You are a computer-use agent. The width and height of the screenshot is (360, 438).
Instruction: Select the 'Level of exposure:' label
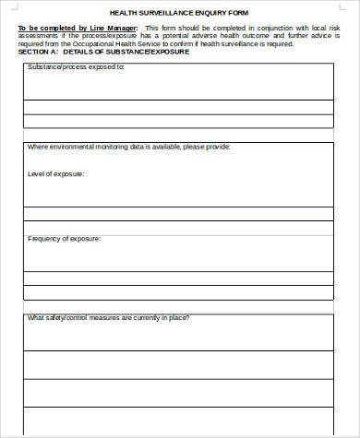(x=56, y=173)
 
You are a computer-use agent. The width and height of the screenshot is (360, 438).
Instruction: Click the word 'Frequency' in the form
(x=45, y=239)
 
